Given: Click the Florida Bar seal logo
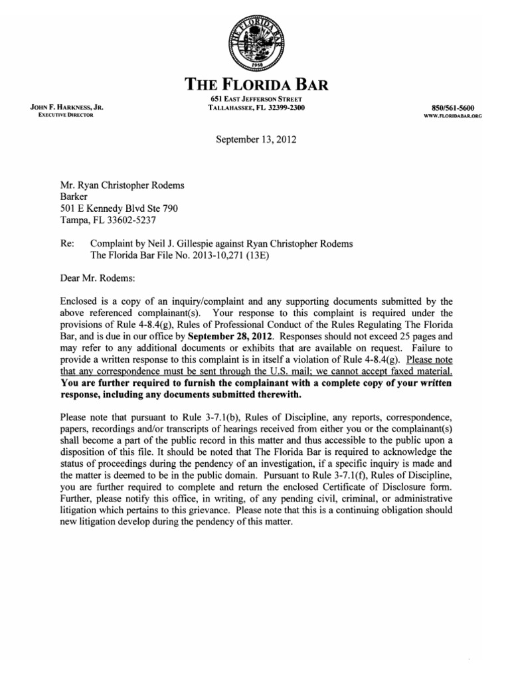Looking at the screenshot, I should [x=255, y=41].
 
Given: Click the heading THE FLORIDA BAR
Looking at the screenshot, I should [x=255, y=84].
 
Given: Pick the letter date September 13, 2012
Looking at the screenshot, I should [x=256, y=140].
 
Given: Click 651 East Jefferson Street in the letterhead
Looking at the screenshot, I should [x=256, y=100].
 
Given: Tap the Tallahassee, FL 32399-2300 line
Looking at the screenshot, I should [x=256, y=108].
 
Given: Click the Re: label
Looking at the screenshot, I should [x=67, y=244].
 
